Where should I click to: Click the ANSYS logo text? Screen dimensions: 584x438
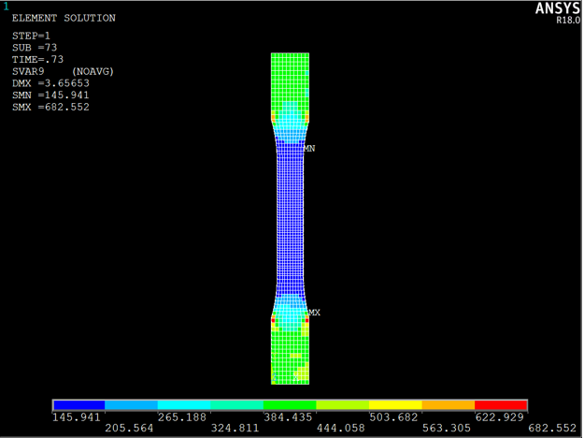pyautogui.click(x=558, y=8)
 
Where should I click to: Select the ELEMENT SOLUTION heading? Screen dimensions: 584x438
pyautogui.click(x=64, y=18)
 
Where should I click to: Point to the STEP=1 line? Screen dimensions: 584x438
pyautogui.click(x=31, y=36)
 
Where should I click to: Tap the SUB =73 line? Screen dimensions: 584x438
pyautogui.click(x=35, y=48)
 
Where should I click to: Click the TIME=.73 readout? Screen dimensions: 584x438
pyautogui.click(x=37, y=59)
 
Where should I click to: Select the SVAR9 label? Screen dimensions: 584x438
pyautogui.click(x=28, y=71)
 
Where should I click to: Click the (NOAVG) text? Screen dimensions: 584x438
pyautogui.click(x=93, y=71)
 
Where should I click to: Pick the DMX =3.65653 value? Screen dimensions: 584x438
pyautogui.click(x=50, y=83)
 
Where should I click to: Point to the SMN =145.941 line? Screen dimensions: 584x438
pyautogui.click(x=50, y=95)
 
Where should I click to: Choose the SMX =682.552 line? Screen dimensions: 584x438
pyautogui.click(x=50, y=107)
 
